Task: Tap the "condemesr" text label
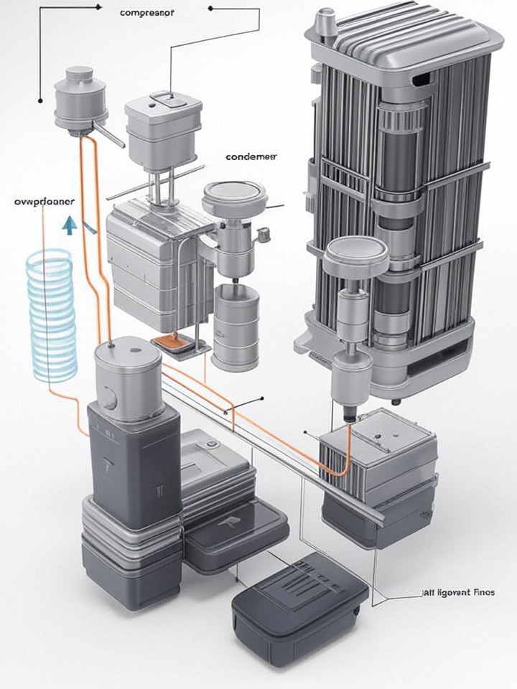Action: click(251, 156)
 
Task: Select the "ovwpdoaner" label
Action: click(44, 202)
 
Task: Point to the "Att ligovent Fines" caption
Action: click(454, 593)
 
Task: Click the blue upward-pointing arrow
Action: click(69, 226)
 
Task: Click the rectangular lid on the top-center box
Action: click(164, 100)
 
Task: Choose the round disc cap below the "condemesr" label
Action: click(235, 198)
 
